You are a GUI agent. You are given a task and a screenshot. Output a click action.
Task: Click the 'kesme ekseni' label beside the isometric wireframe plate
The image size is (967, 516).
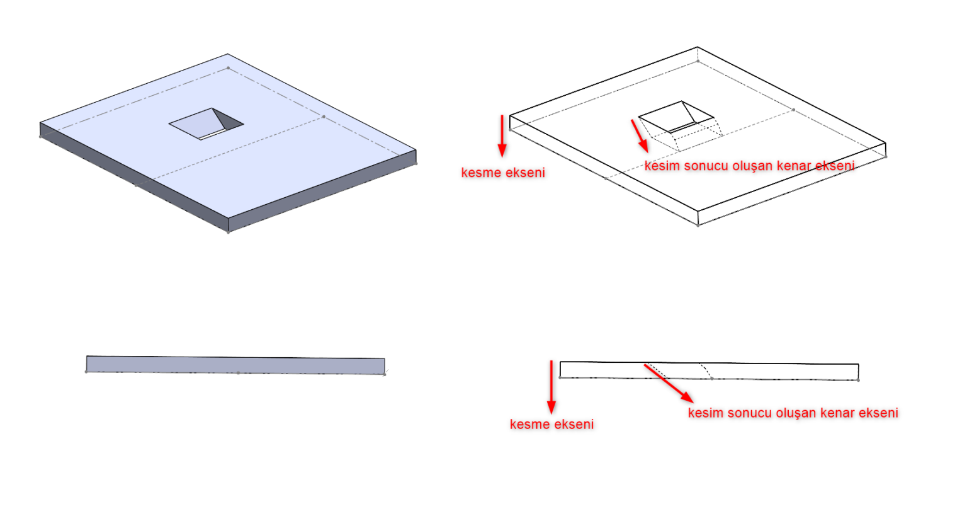click(503, 173)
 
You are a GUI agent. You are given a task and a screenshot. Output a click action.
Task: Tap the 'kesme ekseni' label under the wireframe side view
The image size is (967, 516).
click(551, 425)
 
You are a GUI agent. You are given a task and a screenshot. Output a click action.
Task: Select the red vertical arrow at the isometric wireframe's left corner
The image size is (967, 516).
click(502, 136)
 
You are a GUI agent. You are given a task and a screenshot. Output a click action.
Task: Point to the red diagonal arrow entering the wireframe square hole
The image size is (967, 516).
click(640, 136)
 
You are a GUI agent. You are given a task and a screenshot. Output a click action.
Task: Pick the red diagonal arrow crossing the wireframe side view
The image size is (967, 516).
click(669, 384)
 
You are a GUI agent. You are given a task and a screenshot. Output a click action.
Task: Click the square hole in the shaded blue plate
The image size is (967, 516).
click(206, 124)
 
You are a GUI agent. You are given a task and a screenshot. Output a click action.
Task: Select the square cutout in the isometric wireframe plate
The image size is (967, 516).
click(676, 117)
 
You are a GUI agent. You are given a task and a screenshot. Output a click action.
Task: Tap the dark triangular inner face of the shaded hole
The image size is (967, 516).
click(227, 119)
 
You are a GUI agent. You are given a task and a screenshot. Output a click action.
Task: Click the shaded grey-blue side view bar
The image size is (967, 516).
click(235, 365)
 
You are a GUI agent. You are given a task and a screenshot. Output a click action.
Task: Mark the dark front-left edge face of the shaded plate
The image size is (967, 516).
click(134, 176)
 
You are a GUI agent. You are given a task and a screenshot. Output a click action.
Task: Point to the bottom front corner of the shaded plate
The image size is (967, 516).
click(229, 232)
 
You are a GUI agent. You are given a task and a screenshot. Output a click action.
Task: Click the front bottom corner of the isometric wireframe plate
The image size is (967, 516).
click(698, 225)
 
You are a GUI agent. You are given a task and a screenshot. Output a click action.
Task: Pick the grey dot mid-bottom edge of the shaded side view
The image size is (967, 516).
click(239, 373)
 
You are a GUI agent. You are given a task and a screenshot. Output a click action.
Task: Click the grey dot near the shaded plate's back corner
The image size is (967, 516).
click(229, 68)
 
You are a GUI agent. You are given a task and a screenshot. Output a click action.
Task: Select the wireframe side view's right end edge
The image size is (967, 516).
click(858, 372)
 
